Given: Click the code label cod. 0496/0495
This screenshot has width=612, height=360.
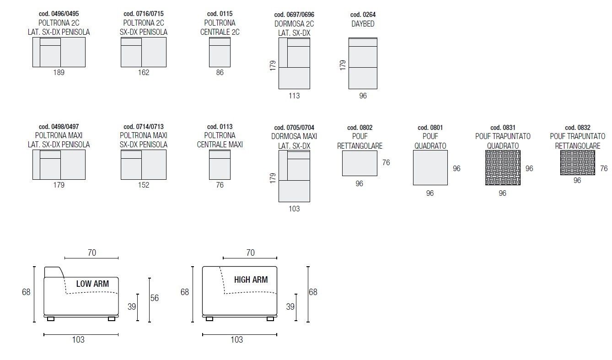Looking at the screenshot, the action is (59, 14).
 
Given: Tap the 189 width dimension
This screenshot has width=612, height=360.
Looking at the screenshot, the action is (59, 72).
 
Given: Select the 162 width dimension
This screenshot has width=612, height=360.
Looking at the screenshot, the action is (144, 72).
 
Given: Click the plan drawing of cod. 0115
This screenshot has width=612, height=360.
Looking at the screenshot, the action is (220, 52).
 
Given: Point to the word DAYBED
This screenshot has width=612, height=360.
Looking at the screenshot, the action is (363, 24).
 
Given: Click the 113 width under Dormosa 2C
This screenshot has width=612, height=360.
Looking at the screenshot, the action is (294, 96).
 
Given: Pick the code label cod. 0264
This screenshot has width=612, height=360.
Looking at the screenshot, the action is (363, 15).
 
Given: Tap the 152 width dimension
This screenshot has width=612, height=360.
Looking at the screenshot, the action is (144, 185).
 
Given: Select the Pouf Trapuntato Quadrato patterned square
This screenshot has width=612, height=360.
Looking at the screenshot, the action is (503, 168).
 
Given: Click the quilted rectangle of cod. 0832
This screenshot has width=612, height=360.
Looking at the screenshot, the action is (578, 162).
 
